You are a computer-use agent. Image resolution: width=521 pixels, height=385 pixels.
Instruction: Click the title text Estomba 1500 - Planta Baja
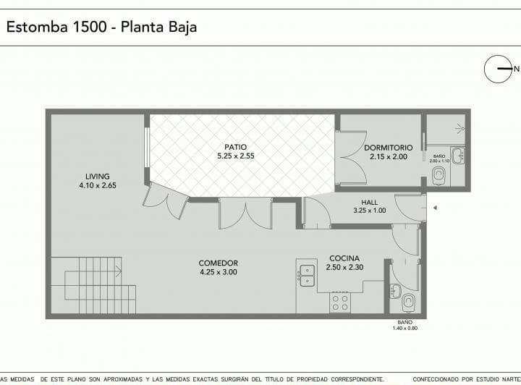101,27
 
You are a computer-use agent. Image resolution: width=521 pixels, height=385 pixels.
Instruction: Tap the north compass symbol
498,69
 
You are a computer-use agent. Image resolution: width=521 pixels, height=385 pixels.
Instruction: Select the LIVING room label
98,176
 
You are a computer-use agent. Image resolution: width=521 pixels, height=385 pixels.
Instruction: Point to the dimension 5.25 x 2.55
235,156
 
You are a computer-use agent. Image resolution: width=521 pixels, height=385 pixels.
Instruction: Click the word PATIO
235,147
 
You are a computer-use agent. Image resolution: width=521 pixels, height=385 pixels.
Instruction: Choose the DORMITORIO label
389,147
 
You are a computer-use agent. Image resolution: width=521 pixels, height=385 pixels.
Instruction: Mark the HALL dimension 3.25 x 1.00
369,211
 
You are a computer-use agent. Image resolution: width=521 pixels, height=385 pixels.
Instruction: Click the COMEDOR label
219,263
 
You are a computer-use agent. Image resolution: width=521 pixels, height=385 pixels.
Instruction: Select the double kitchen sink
308,275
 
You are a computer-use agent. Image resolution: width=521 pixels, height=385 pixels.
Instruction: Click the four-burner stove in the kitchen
340,302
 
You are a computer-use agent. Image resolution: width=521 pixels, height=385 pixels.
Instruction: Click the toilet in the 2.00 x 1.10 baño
439,175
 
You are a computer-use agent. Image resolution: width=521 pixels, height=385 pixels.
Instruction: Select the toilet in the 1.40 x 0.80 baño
409,300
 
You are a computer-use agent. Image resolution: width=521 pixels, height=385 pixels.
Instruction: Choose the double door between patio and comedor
245,214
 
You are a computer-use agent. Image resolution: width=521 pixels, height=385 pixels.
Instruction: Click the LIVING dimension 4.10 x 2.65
98,185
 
